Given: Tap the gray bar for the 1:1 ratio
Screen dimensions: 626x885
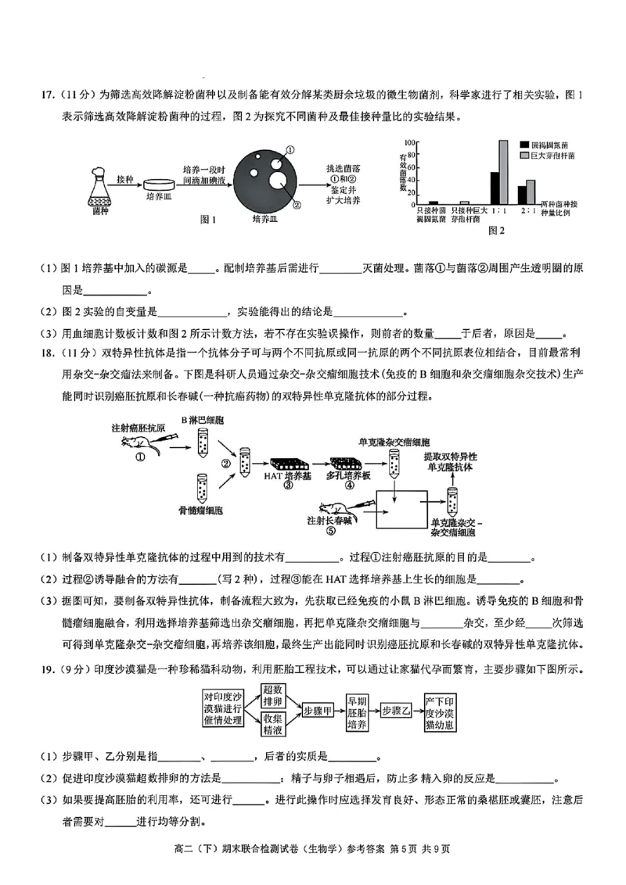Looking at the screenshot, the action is coord(503,172).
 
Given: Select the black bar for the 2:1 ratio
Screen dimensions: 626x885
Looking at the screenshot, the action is coord(523,195).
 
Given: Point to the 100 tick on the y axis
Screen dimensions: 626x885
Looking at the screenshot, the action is coord(409,143).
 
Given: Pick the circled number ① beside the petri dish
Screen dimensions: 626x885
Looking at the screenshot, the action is coord(290,149).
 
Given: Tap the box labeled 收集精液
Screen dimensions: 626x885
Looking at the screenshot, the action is coord(272,725).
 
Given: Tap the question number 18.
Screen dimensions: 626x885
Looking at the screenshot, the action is coord(25,353).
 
